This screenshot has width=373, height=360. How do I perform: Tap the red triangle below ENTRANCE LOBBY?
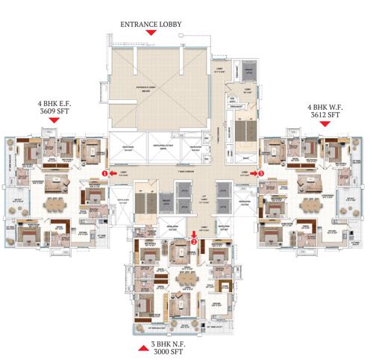[151, 34]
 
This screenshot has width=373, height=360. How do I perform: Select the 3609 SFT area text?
[45, 117]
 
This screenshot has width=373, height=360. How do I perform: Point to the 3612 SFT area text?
[325, 116]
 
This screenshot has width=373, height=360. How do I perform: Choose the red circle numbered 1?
[105, 173]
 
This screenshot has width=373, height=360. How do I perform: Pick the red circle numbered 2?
[194, 241]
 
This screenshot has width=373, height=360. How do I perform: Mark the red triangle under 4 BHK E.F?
[45, 127]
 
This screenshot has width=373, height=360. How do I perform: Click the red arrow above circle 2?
[194, 234]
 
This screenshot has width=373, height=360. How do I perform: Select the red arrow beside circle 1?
[113, 173]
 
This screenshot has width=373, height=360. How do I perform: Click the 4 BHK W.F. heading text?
[325, 107]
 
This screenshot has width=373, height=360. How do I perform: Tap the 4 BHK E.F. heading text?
[45, 108]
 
